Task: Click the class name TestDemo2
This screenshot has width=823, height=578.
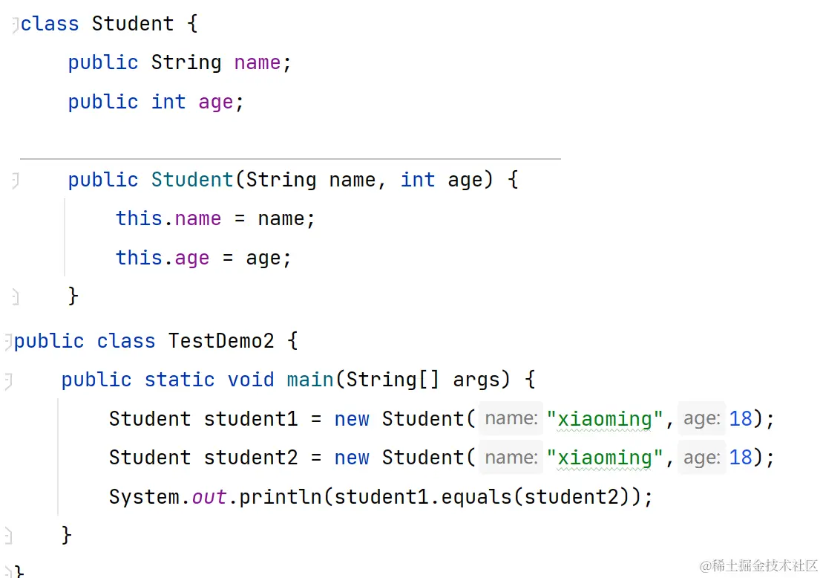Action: (221, 341)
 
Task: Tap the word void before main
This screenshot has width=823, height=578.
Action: (251, 380)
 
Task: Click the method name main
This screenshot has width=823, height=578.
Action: (310, 380)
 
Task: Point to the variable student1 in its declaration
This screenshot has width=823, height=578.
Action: (251, 419)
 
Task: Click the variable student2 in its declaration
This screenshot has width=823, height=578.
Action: (251, 458)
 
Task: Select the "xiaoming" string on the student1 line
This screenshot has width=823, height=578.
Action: (604, 419)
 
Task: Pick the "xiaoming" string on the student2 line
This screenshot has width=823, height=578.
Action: (604, 458)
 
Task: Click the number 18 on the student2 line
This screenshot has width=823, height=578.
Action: (741, 458)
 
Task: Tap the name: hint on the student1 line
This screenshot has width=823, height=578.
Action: (511, 419)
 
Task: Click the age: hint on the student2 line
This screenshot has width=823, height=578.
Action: (701, 458)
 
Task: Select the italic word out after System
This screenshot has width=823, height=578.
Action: (209, 496)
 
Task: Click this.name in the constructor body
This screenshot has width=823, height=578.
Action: (168, 218)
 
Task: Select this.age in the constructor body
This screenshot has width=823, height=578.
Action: (163, 258)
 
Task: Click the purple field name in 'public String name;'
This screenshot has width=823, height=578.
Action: (257, 63)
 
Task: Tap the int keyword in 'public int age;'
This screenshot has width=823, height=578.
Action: (168, 102)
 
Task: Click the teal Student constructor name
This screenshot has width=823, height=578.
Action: (192, 180)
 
